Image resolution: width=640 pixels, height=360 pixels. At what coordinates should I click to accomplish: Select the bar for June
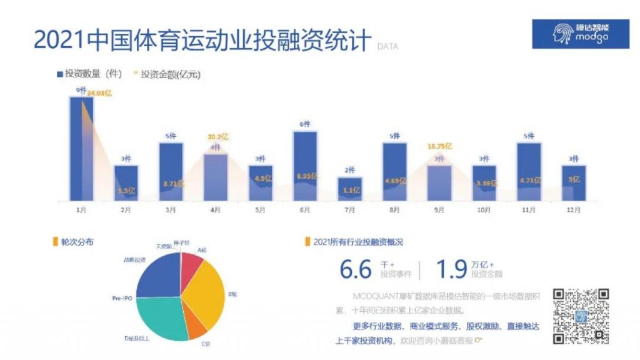[x=305, y=166]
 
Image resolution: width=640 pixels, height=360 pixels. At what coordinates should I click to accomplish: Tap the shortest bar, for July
[x=349, y=189]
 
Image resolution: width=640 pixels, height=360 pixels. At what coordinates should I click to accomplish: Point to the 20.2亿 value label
[x=215, y=136]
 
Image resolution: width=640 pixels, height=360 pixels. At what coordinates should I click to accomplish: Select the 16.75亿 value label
[x=439, y=146]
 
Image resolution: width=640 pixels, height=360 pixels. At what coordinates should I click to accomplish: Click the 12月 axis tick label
[x=573, y=210]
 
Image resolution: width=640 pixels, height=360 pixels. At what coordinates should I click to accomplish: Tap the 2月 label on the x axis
[x=126, y=210]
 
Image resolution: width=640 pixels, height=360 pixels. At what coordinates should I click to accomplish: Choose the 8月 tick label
[x=394, y=210]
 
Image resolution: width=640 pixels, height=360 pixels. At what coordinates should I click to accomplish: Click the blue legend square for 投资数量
[x=60, y=74]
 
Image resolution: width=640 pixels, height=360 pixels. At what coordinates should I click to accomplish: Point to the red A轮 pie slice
[x=191, y=265]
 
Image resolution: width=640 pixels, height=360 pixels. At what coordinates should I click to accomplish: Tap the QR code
[x=581, y=316]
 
